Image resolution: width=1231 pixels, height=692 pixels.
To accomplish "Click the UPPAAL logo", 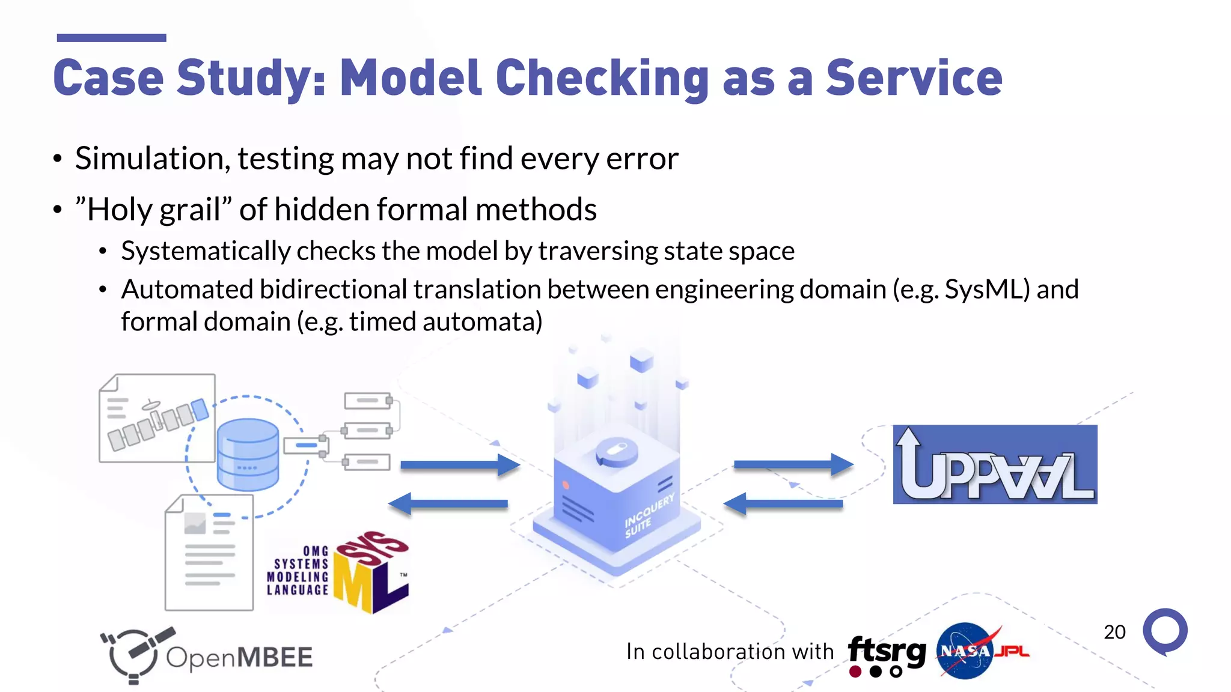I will coord(995,464).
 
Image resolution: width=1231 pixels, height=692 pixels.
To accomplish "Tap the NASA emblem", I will coord(965,651).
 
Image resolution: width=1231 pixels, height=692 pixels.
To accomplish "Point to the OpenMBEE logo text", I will coord(239,657).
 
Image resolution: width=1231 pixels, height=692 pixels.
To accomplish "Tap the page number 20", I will coord(1114,632).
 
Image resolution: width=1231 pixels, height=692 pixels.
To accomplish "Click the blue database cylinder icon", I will coord(248,454).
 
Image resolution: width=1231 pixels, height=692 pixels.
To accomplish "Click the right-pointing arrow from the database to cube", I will coord(459,464).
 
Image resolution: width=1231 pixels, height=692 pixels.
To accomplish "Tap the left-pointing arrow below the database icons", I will coord(448,503).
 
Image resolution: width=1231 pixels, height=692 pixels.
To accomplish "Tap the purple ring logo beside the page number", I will coord(1165,631).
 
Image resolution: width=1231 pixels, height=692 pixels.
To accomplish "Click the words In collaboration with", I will coord(730,652).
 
